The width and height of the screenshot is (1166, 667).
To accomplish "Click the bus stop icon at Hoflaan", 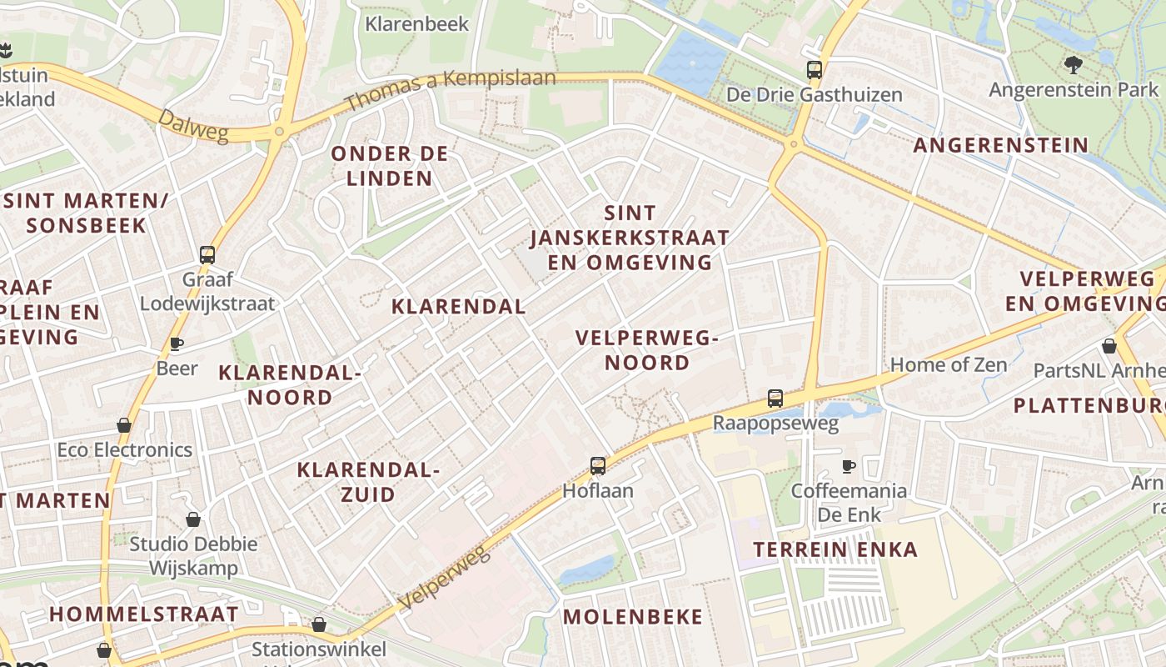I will pos(597,465).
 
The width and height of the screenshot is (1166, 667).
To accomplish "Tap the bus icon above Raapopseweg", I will pos(775,399).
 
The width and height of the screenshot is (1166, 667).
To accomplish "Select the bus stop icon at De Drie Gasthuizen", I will pos(814,70).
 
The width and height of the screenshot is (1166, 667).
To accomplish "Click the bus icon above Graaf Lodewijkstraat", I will pos(207,255).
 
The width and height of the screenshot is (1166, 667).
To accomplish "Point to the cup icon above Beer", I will pos(177,344).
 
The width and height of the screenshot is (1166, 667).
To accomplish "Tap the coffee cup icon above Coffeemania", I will pos(848,465).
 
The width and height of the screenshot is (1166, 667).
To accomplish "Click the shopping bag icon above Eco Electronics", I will pos(124,425).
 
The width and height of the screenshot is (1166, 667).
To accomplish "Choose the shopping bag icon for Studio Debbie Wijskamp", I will pos(193,519).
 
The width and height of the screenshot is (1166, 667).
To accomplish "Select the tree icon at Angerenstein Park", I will pos(1073,63).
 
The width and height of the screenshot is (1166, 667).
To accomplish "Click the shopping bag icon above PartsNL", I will pos(1109,345).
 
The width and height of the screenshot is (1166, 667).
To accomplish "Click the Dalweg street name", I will pos(193,126).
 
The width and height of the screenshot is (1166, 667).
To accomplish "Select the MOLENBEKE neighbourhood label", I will pos(633,617).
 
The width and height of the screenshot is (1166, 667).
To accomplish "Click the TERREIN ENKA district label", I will pos(835,549).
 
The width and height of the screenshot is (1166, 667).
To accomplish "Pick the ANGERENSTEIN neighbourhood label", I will pos(1000,145).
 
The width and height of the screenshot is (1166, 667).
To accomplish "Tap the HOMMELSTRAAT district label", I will pos(143,614).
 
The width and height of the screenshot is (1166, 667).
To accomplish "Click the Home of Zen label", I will pos(949,364).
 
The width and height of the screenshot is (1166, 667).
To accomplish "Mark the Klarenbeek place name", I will pos(417,23).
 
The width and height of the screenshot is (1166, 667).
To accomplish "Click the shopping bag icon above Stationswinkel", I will pos(318,624).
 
